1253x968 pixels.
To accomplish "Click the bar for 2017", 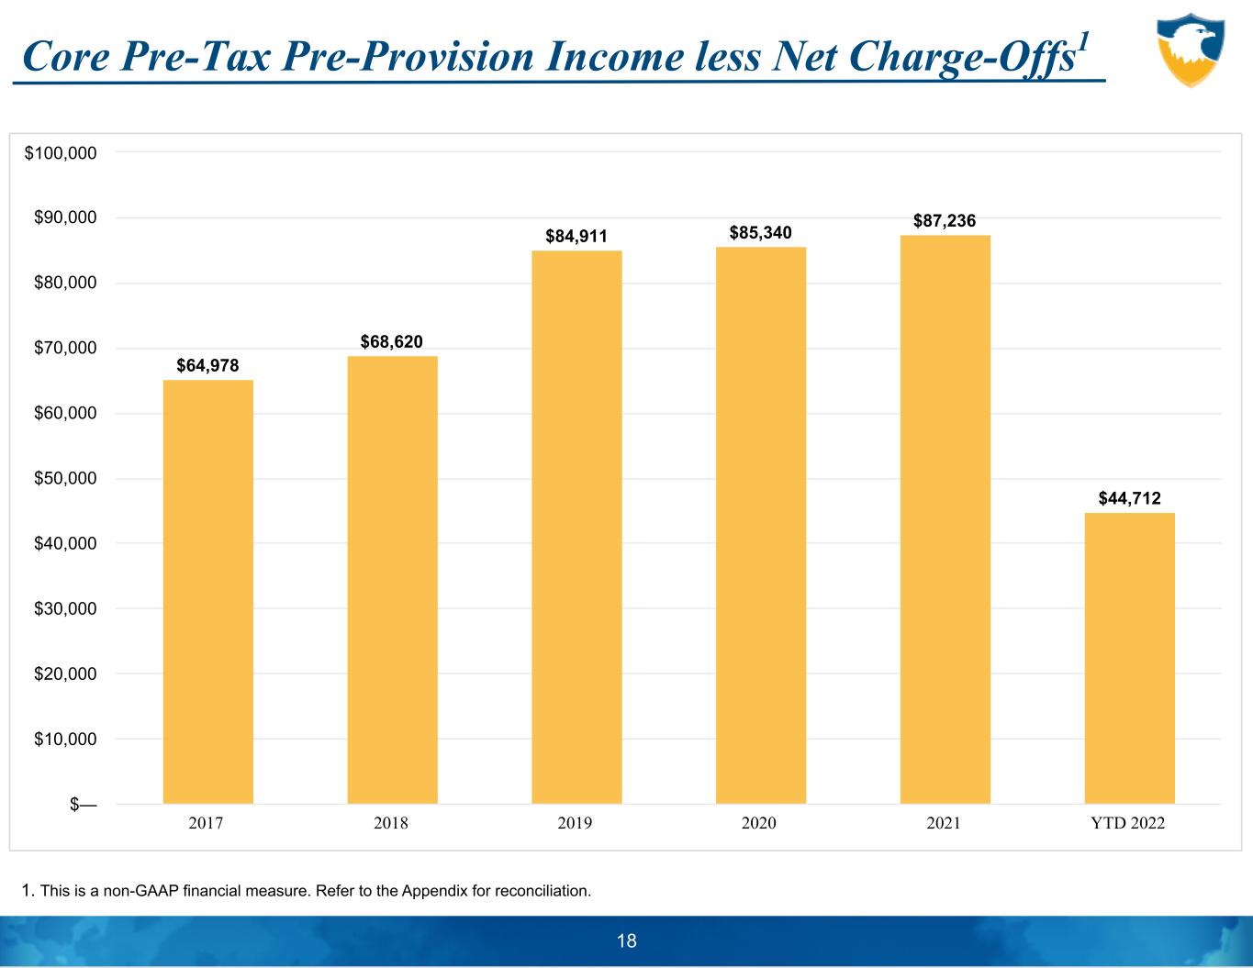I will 207,592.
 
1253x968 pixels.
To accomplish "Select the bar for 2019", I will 576,528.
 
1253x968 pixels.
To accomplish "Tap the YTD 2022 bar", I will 1129,658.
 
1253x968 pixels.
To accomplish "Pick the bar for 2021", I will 945,519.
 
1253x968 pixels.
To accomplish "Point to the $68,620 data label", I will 391,342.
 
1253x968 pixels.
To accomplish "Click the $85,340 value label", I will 760,233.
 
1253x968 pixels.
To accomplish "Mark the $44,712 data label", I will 1129,498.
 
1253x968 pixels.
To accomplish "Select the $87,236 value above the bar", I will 945,221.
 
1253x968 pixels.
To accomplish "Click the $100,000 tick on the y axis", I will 61,153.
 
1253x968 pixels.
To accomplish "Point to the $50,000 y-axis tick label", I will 65,479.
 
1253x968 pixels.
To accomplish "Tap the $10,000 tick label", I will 65,740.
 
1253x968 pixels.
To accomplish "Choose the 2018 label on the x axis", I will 391,823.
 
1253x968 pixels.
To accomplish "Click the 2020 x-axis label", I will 759,823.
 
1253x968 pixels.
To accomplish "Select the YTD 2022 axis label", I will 1127,823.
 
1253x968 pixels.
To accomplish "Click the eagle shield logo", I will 1191,50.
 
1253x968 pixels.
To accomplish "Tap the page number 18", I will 627,940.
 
